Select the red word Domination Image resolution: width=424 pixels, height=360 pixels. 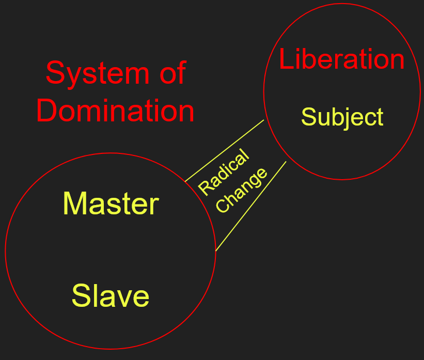pos(115,111)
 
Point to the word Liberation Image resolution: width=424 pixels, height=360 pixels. pos(342,59)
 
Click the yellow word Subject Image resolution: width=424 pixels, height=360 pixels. pos(342,117)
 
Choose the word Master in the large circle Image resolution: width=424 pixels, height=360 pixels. pos(111,204)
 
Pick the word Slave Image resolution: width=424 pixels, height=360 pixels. pos(111,296)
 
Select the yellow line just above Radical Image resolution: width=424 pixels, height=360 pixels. pos(225,150)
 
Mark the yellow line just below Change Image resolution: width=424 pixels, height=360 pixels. pos(250,206)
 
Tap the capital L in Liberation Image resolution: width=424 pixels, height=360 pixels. pos(286,59)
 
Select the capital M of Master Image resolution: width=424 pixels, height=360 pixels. pos(73,204)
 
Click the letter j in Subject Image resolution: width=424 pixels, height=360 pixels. pos(352,118)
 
